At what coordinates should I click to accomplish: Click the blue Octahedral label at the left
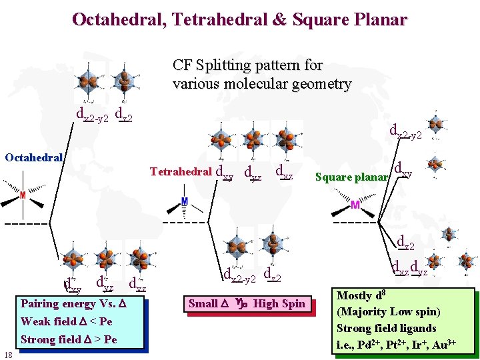click(x=34, y=158)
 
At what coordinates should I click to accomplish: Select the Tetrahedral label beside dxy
click(x=181, y=171)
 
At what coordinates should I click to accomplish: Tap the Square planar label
click(x=351, y=177)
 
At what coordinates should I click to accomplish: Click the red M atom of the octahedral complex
click(x=23, y=195)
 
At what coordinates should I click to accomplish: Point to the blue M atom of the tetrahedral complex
click(x=185, y=201)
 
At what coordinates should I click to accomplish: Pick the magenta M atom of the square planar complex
click(x=355, y=205)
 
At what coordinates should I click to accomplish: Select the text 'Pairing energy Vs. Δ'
click(x=73, y=304)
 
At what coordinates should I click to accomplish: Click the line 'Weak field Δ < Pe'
click(x=67, y=322)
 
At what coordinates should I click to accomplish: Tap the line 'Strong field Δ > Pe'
click(x=69, y=339)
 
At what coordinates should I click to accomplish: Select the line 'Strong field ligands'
click(x=387, y=328)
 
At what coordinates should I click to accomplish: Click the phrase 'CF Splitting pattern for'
click(x=247, y=65)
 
